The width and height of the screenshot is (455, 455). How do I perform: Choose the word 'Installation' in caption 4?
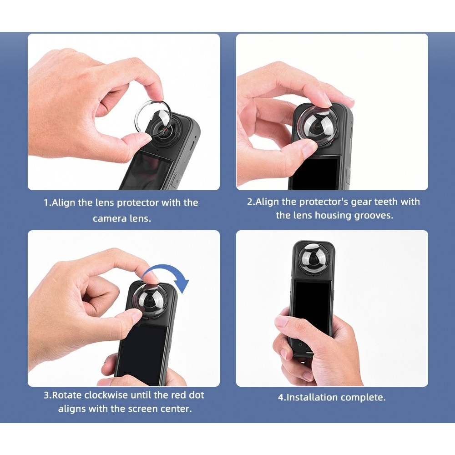pos(313,398)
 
